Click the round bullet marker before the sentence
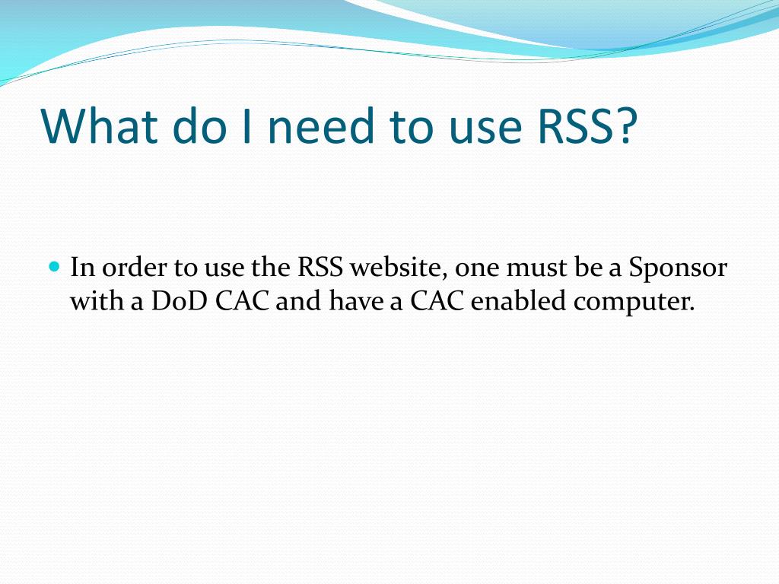(53, 268)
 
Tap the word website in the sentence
(395, 268)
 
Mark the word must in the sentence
(532, 268)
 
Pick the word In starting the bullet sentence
(81, 268)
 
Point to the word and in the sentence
(299, 302)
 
